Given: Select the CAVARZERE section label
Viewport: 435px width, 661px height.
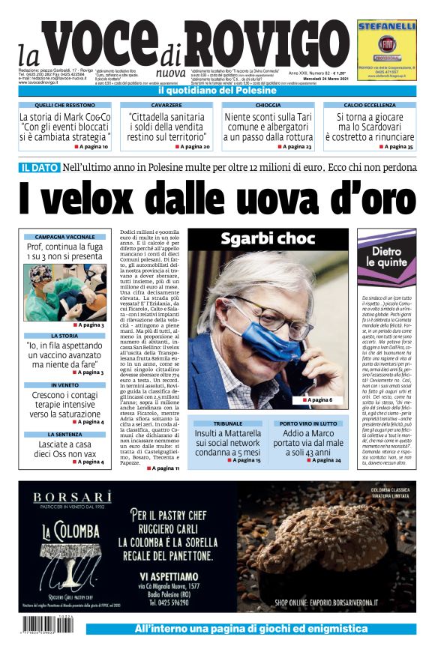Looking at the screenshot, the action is [166, 106].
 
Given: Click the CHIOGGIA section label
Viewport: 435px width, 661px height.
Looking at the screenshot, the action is [268, 106].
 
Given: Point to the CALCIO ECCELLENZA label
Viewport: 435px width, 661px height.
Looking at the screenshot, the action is [369, 106].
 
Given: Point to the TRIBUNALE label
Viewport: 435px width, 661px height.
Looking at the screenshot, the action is [228, 423].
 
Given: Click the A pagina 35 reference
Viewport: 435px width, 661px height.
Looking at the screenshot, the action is [394, 147].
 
